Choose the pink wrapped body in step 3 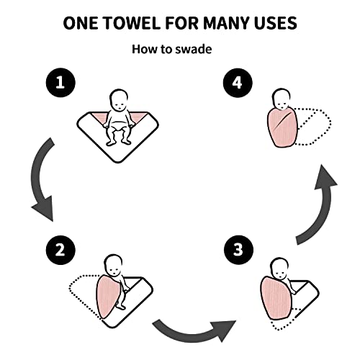pos(277,295)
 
